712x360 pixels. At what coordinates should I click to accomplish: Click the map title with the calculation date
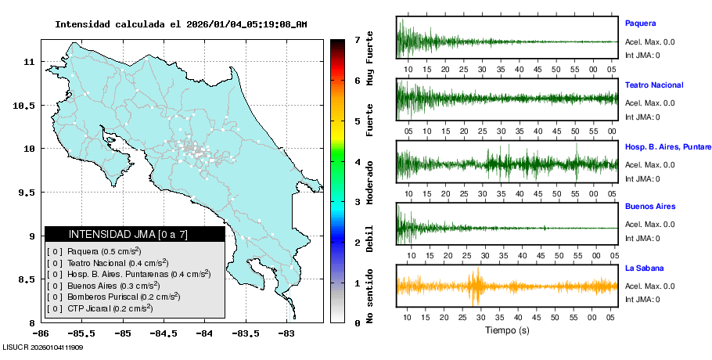pyautogui.click(x=181, y=24)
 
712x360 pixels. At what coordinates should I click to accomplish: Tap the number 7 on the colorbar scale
pyautogui.click(x=357, y=39)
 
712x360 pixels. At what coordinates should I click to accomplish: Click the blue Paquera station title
pyautogui.click(x=640, y=23)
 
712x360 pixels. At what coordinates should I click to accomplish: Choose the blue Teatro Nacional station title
pyautogui.click(x=654, y=85)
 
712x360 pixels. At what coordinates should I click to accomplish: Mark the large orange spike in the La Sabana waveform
pyautogui.click(x=474, y=286)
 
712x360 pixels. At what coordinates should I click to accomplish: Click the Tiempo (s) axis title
pyautogui.click(x=506, y=330)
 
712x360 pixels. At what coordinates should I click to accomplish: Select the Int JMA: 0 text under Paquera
pyautogui.click(x=642, y=56)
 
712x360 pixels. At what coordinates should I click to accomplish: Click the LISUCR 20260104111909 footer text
pyautogui.click(x=43, y=347)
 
